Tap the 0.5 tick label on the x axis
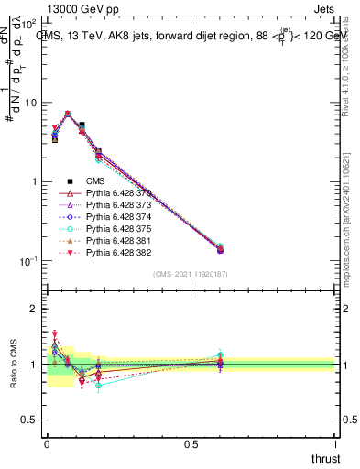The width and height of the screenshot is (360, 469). point(191,442)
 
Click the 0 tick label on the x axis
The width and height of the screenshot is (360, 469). point(46,442)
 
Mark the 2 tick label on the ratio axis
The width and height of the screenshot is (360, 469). point(34,309)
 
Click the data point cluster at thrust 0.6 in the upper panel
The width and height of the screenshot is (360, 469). point(220,248)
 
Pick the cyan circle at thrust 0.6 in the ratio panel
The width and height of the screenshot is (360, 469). point(220,354)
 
